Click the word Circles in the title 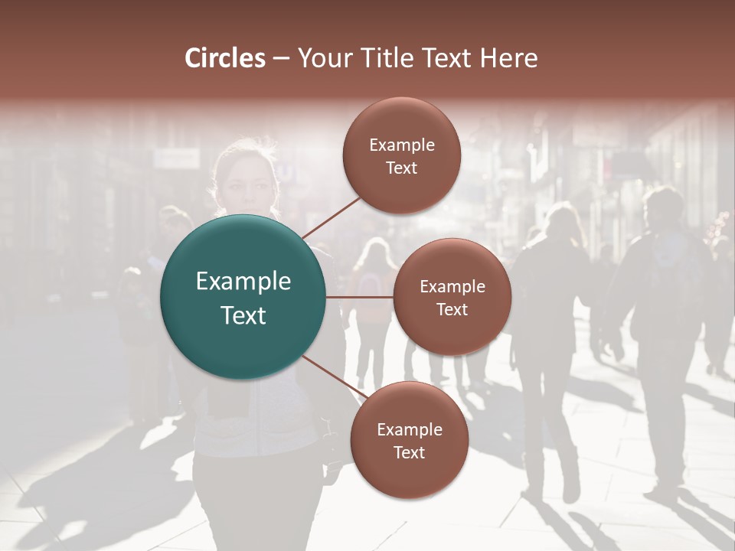(225, 58)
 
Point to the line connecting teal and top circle (332, 216)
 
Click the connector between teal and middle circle (360, 297)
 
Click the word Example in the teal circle (243, 282)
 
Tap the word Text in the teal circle (243, 315)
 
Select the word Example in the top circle (402, 145)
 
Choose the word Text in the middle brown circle (452, 309)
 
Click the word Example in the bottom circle (409, 429)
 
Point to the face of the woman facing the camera (246, 184)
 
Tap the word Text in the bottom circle (409, 452)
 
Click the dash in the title (281, 58)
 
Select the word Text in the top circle (402, 168)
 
